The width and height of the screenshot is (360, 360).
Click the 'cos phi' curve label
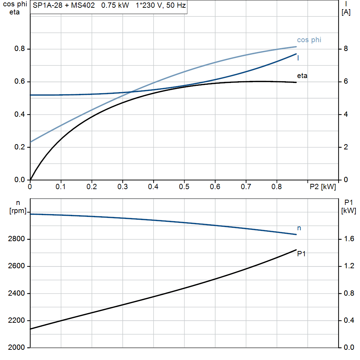309,40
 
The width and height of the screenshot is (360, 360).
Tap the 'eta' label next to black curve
302,76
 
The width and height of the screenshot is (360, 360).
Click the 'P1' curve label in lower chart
301,254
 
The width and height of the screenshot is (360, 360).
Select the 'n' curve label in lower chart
299,229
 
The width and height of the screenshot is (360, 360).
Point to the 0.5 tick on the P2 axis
184,187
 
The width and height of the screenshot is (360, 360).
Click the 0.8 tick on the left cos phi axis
20,49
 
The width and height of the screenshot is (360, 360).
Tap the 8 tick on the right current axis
346,49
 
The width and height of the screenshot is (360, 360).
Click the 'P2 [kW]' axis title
322,187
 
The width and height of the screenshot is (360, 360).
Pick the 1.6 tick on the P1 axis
349,239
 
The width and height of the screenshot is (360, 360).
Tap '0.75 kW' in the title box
115,6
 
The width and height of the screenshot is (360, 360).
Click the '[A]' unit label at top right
346,12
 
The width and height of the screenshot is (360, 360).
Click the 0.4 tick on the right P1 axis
349,320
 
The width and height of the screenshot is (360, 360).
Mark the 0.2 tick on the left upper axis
20,147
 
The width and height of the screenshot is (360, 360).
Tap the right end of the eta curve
296,82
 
